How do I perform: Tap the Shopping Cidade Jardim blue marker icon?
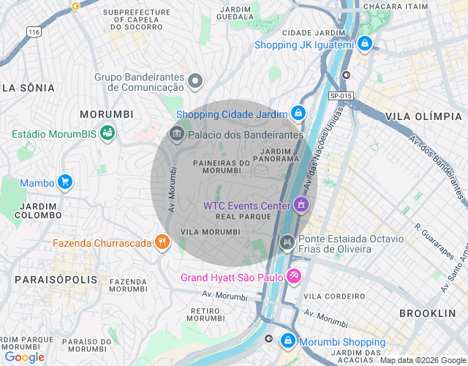(298, 113)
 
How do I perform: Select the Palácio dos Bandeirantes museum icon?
(175, 135)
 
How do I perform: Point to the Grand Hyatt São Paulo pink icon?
(293, 277)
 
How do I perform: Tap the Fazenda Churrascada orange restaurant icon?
(162, 242)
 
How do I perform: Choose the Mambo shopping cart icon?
(65, 182)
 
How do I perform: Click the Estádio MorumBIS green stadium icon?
(107, 133)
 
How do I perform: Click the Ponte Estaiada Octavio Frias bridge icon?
(287, 242)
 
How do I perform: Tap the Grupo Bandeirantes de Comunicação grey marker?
(195, 81)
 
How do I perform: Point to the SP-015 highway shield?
(341, 95)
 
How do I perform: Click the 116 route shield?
(33, 32)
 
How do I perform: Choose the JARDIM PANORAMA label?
(275, 154)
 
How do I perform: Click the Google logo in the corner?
(24, 357)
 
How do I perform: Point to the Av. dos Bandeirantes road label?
(437, 166)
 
